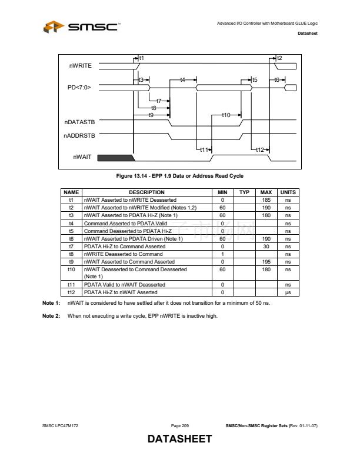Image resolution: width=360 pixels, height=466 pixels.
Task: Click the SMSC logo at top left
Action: click(x=82, y=26)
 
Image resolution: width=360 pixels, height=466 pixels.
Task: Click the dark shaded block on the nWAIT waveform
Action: click(x=115, y=157)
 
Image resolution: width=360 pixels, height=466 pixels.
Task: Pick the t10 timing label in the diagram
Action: click(x=225, y=115)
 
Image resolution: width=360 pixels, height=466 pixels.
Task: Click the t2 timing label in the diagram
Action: click(x=279, y=58)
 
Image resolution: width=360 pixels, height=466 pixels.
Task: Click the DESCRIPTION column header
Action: click(x=146, y=192)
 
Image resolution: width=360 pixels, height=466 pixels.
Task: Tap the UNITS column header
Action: click(x=288, y=192)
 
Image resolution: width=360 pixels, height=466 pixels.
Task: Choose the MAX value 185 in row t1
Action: click(x=265, y=200)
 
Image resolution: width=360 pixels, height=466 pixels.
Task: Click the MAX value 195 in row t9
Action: click(x=265, y=262)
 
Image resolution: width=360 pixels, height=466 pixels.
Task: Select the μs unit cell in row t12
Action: click(x=288, y=292)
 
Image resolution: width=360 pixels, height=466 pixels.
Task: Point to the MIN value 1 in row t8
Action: click(x=223, y=254)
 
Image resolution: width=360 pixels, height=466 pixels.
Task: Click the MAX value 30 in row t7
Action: click(x=265, y=247)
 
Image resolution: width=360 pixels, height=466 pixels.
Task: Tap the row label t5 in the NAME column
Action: click(x=71, y=231)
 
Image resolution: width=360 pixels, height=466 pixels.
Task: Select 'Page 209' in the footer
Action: click(x=179, y=425)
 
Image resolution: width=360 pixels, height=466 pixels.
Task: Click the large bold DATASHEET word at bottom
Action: click(x=179, y=440)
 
